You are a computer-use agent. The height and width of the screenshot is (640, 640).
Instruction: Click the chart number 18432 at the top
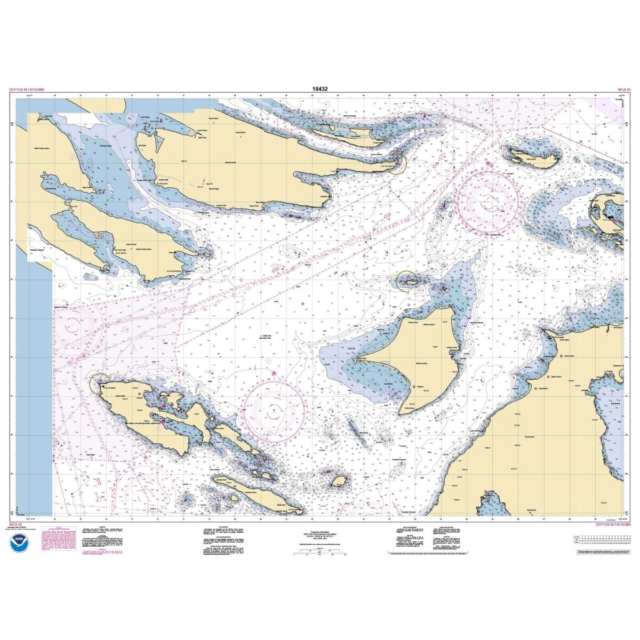point(320,90)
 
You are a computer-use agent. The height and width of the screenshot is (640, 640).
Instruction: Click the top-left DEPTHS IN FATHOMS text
point(27,90)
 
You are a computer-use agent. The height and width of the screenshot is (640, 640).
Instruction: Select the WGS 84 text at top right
point(624,90)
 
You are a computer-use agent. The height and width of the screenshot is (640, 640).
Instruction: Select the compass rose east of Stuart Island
point(274,410)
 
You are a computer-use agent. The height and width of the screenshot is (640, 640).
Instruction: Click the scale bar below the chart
point(320,554)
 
